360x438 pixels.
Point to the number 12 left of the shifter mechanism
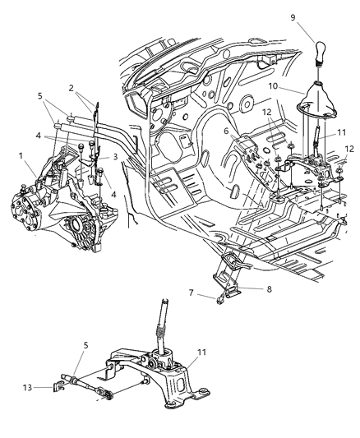265,113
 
